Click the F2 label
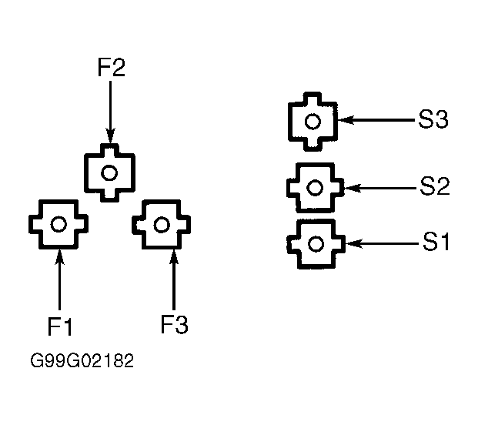click(112, 68)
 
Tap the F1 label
click(60, 326)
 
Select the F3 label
click(175, 324)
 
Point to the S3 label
click(433, 119)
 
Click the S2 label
click(435, 186)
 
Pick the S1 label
click(436, 242)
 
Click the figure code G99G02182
click(82, 360)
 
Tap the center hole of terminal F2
click(109, 173)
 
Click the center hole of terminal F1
click(58, 224)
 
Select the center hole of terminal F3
click(162, 225)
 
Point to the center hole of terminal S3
click(313, 122)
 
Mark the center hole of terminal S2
click(315, 188)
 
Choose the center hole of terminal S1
click(316, 243)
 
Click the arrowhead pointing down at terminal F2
click(110, 136)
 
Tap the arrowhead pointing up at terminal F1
click(60, 256)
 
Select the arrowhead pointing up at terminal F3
click(174, 256)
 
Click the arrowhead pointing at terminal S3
click(346, 120)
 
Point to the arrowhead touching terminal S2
click(353, 188)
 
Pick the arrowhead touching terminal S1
click(353, 243)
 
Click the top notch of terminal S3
click(313, 98)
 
